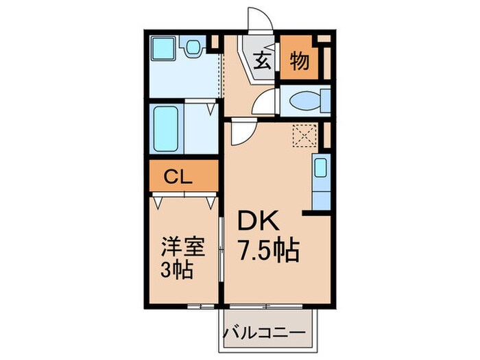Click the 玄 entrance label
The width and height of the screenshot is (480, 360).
click(263, 61)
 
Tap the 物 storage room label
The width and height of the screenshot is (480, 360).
click(299, 61)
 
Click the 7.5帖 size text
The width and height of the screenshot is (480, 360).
click(269, 251)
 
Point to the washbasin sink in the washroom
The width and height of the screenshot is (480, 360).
click(193, 47)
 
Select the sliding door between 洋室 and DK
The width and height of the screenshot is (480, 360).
click(221, 250)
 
